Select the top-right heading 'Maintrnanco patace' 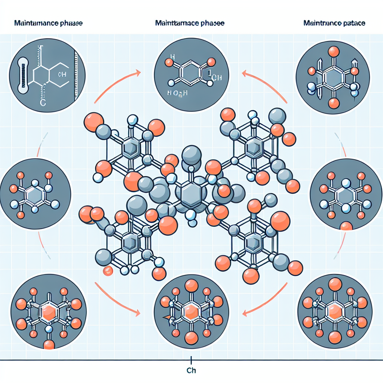[335, 23]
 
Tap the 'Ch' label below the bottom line [191, 371]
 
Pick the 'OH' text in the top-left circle [62, 74]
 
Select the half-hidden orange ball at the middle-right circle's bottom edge [346, 226]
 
